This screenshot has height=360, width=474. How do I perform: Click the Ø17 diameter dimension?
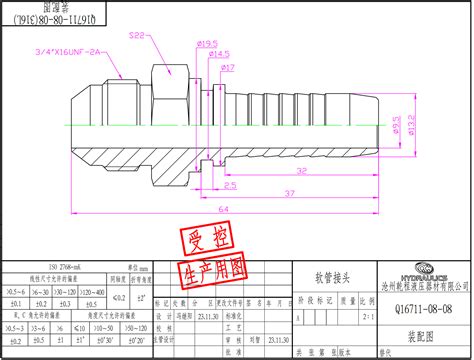(x=227, y=67)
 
